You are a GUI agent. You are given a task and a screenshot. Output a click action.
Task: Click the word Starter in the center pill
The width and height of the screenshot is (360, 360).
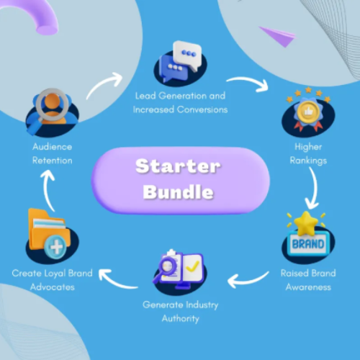[x=178, y=166]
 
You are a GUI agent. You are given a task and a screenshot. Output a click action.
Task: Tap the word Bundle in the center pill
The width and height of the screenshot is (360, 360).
[x=178, y=192]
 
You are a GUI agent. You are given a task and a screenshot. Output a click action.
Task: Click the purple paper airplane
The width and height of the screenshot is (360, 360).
[x=278, y=36]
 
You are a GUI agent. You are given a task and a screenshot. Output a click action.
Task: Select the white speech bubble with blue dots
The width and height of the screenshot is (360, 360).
[x=187, y=55]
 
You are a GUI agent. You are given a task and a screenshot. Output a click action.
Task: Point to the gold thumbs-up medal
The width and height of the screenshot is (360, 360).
[x=308, y=112]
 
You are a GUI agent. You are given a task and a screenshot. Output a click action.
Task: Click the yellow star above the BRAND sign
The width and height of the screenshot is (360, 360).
[x=306, y=223]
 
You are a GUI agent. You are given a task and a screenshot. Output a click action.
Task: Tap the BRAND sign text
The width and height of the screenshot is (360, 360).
[x=308, y=244]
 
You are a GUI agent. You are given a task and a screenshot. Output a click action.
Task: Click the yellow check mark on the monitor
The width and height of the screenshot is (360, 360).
[x=192, y=266]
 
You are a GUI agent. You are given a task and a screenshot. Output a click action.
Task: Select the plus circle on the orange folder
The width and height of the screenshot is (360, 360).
[x=55, y=247]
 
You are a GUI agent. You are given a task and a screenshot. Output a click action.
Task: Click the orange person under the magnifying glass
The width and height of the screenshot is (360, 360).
[x=53, y=109]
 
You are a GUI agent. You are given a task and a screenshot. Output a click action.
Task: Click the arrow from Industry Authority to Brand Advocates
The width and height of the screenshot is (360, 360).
[x=117, y=282]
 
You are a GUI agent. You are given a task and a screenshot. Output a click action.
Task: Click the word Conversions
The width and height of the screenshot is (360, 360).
[x=202, y=109]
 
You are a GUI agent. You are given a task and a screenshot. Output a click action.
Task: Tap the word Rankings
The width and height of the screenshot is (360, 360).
[x=308, y=161]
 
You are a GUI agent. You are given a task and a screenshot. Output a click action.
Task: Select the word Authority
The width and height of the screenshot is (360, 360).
[x=181, y=319]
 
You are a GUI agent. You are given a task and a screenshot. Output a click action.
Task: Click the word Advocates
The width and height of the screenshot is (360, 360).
[x=53, y=287]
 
